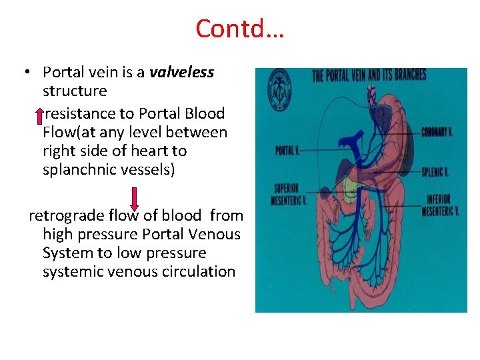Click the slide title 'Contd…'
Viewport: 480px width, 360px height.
click(x=240, y=29)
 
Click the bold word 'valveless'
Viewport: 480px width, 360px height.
click(x=181, y=72)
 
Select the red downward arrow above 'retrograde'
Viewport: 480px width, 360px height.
click(x=134, y=199)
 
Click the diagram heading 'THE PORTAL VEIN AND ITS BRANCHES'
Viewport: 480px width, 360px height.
click(x=369, y=74)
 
